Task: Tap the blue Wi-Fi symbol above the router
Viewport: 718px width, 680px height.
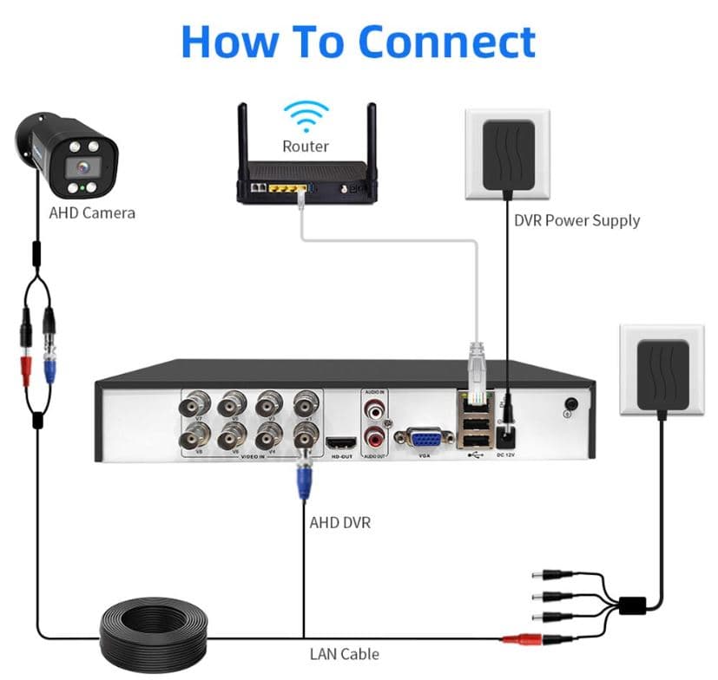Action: tap(308, 116)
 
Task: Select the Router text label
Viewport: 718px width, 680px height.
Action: tap(306, 146)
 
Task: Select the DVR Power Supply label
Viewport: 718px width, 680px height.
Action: tap(576, 220)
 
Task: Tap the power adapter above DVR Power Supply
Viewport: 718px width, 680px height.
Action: tap(508, 154)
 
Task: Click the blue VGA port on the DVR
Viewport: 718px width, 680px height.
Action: tap(424, 440)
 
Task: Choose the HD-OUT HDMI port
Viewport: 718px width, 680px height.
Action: tap(338, 442)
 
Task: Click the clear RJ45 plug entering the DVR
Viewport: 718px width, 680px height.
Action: tap(476, 365)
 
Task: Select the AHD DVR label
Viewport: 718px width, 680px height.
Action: tap(340, 523)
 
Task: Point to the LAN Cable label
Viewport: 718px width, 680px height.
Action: tap(344, 654)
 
